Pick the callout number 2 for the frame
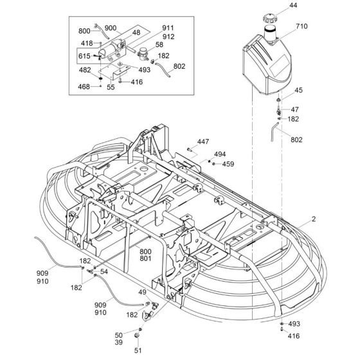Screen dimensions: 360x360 312,220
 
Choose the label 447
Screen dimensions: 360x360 203,141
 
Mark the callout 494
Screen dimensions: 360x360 220,155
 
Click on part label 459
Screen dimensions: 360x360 228,165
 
